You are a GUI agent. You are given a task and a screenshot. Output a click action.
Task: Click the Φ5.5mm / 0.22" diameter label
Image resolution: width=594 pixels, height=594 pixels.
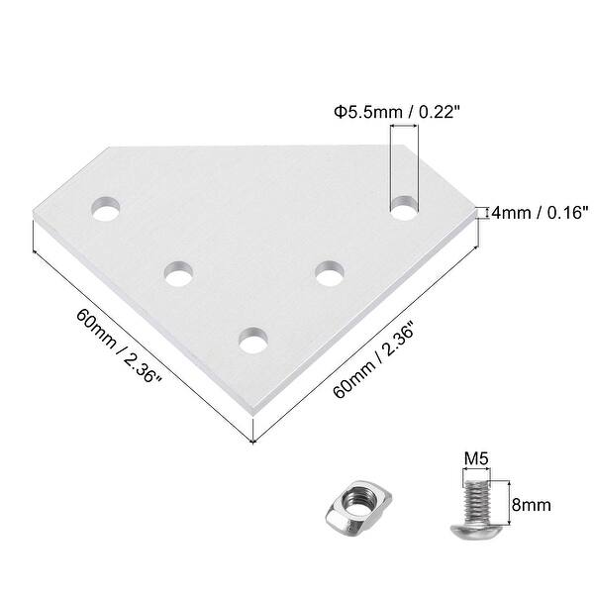[391, 114]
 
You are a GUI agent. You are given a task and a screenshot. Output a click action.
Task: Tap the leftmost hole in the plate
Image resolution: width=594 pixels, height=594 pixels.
[105, 210]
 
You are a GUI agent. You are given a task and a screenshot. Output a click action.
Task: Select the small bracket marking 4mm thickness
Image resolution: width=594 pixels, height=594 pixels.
[483, 212]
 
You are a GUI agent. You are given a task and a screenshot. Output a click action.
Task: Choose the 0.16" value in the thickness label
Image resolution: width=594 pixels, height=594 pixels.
[567, 212]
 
